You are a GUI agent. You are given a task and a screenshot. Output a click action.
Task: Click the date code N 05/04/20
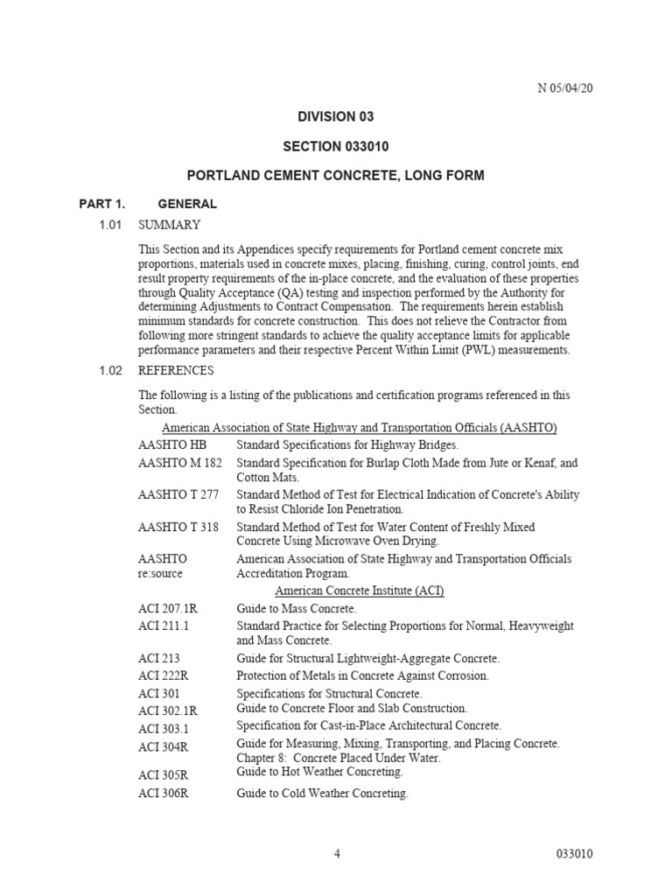[x=570, y=88]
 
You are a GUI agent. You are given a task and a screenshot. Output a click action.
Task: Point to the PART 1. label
[x=102, y=204]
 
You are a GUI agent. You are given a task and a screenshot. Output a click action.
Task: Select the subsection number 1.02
[x=109, y=371]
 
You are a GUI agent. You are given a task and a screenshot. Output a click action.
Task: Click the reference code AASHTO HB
[x=172, y=445]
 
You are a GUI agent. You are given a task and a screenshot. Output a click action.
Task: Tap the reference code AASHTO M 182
[x=180, y=463]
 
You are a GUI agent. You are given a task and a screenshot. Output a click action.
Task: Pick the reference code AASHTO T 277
[x=178, y=495]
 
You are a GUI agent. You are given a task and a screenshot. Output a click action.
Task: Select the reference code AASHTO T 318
[x=178, y=528]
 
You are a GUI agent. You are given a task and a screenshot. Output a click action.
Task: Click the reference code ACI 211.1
[x=164, y=626]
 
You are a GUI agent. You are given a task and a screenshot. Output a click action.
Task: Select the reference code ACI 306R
[x=164, y=794]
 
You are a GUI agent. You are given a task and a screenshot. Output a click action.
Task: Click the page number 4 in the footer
[x=337, y=855]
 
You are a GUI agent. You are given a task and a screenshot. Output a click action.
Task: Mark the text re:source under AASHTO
[x=161, y=575]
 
